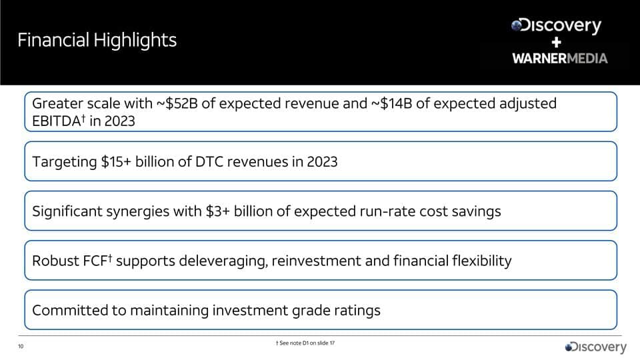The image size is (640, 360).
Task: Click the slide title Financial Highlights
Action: tap(97, 41)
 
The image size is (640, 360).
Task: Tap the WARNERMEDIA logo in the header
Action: tap(560, 58)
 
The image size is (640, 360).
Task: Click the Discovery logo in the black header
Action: tap(557, 26)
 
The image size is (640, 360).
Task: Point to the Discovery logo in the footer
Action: tap(596, 347)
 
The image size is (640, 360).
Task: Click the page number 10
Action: tap(20, 347)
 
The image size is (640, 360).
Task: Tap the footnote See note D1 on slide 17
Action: tap(305, 343)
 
